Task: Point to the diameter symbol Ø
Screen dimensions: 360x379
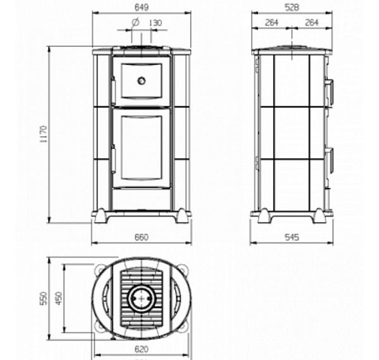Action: click(135, 22)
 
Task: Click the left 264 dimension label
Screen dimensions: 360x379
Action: click(272, 23)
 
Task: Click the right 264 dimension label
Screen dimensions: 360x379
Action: click(313, 23)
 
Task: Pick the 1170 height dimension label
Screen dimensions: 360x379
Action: click(43, 135)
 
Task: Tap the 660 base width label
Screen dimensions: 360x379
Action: click(142, 237)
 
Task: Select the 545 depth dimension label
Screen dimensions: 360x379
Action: click(292, 237)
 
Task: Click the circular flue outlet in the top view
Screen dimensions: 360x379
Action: click(142, 297)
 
